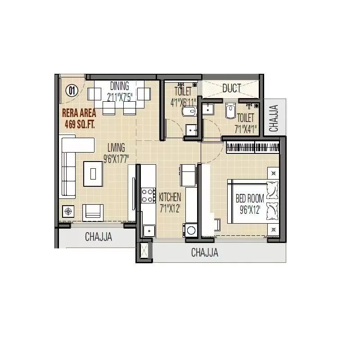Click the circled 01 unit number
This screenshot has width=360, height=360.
tap(72, 90)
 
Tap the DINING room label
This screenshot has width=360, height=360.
tap(119, 85)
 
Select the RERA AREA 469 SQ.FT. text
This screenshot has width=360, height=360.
tap(79, 118)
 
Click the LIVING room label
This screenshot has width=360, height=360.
tap(116, 147)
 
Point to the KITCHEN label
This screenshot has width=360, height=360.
tap(170, 197)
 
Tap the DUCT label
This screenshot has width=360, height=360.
tap(231, 88)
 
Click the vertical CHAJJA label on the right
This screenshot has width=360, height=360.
tap(274, 118)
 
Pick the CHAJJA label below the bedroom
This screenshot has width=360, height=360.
tap(205, 252)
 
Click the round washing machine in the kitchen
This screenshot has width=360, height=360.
tap(191, 230)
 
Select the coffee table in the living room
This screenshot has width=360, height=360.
tap(93, 173)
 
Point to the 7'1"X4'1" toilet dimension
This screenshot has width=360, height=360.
tap(245, 129)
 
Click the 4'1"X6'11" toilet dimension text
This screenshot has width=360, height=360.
tap(183, 102)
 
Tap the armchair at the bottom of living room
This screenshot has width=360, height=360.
tap(93, 211)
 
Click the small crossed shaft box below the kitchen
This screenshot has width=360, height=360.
tap(144, 251)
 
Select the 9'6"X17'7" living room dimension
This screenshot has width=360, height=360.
tap(116, 158)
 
